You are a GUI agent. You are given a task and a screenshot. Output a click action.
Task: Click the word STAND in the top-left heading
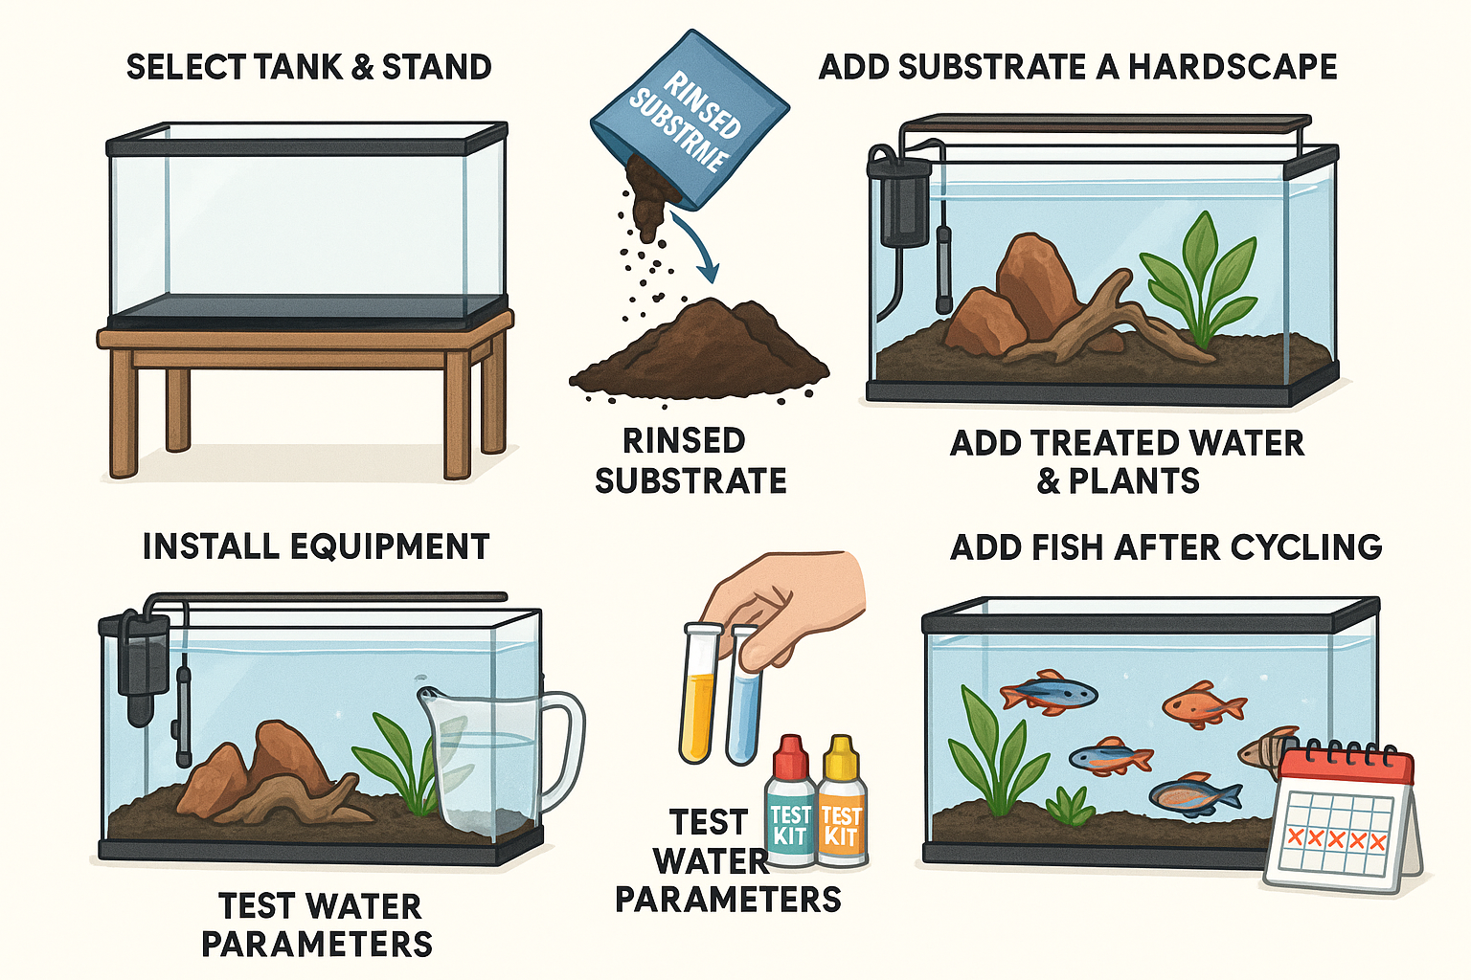[x=437, y=67]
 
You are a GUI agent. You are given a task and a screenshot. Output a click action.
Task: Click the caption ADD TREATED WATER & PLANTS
[x=1126, y=461]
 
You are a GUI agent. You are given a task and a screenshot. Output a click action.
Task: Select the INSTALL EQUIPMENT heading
[x=316, y=546]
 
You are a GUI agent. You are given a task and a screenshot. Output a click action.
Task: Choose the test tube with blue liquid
[x=741, y=699]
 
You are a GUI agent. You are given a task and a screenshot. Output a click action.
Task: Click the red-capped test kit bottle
[x=790, y=804]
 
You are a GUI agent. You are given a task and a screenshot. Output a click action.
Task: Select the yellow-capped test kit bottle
[x=842, y=804]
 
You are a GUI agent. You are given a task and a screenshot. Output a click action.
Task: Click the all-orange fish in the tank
[x=1203, y=706]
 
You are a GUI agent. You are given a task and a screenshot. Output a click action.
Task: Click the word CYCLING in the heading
[x=1305, y=547]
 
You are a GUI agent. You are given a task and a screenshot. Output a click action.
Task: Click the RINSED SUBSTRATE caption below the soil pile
[x=690, y=460]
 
